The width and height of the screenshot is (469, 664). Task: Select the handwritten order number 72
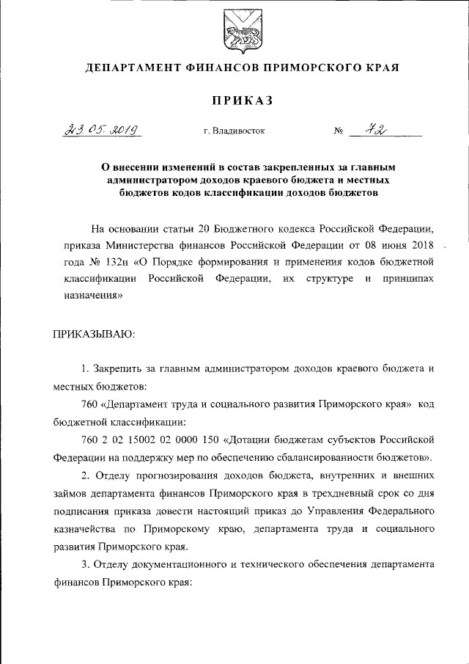(x=379, y=130)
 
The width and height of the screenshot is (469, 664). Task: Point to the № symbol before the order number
(x=339, y=132)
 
